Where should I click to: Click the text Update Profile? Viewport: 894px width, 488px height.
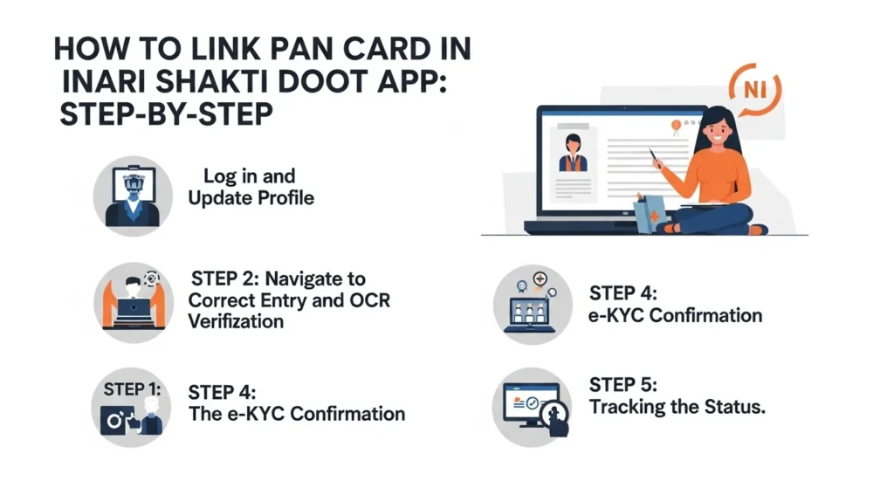coord(251,198)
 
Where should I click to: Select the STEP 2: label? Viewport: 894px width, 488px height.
coord(224,279)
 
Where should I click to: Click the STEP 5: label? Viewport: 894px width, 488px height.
coord(623,385)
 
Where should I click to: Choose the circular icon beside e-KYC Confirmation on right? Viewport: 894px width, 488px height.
coord(532,301)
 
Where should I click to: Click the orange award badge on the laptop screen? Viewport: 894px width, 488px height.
coord(674,127)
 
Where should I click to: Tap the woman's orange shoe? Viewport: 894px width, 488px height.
coord(757,230)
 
